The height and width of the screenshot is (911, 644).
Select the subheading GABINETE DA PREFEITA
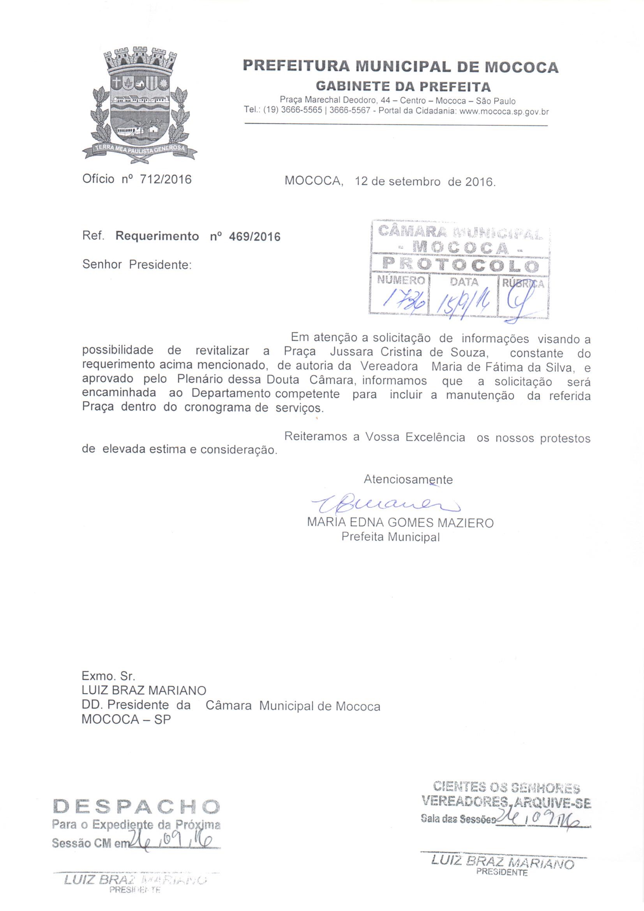click(403, 86)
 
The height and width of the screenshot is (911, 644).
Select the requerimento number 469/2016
click(255, 237)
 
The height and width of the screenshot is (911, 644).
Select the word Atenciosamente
click(408, 479)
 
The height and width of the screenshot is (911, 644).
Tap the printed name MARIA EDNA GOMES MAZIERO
click(400, 523)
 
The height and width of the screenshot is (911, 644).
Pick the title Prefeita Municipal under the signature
click(390, 537)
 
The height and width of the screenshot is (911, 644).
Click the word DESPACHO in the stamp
click(136, 806)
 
